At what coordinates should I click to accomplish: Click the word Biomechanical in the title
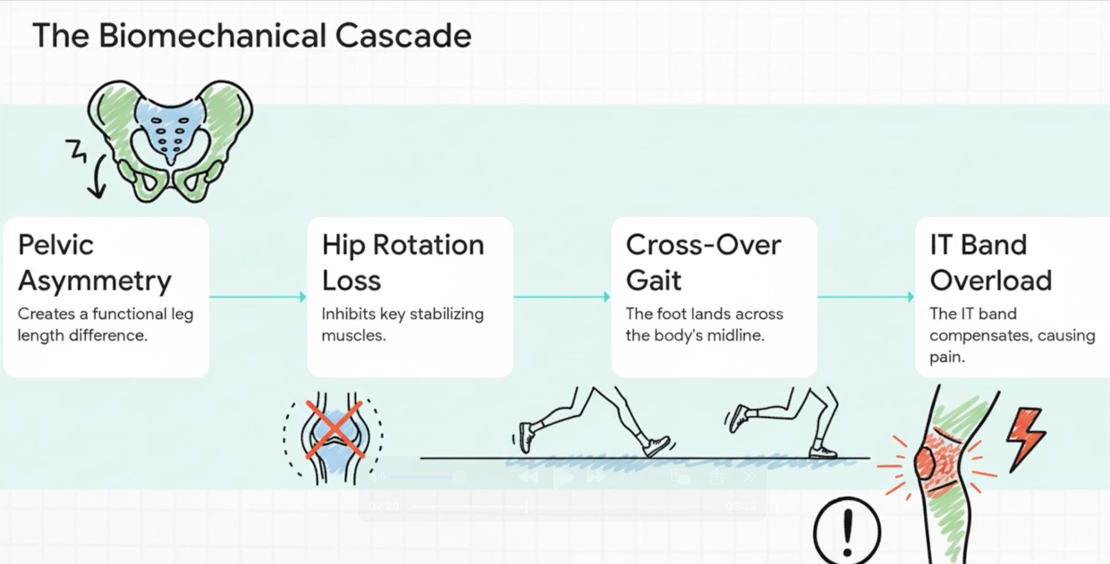(x=212, y=36)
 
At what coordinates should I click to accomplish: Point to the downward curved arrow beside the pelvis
(x=97, y=179)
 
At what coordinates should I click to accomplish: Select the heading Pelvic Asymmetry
(x=94, y=263)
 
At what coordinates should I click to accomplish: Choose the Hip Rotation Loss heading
(x=402, y=263)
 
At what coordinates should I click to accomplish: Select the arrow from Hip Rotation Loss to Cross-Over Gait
(x=562, y=297)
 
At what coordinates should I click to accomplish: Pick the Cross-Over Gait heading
(x=703, y=263)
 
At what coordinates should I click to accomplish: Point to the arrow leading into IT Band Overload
(x=866, y=297)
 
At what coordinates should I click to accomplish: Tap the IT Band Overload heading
(x=991, y=263)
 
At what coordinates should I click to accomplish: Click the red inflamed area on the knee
(x=939, y=460)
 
